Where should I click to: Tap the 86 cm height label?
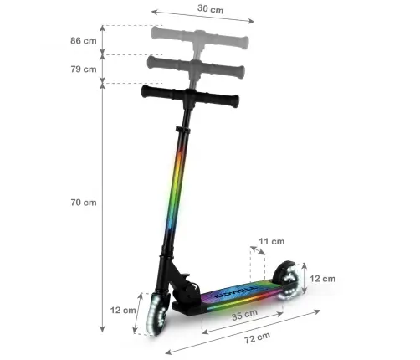(83, 39)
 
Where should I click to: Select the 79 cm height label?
(83, 69)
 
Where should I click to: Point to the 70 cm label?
(83, 202)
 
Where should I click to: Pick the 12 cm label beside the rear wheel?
(323, 278)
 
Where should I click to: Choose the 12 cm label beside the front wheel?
(122, 310)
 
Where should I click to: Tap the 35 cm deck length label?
(244, 316)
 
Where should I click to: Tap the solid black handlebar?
(193, 97)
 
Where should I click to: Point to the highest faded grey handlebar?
(201, 35)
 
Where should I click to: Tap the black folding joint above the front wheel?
(182, 285)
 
